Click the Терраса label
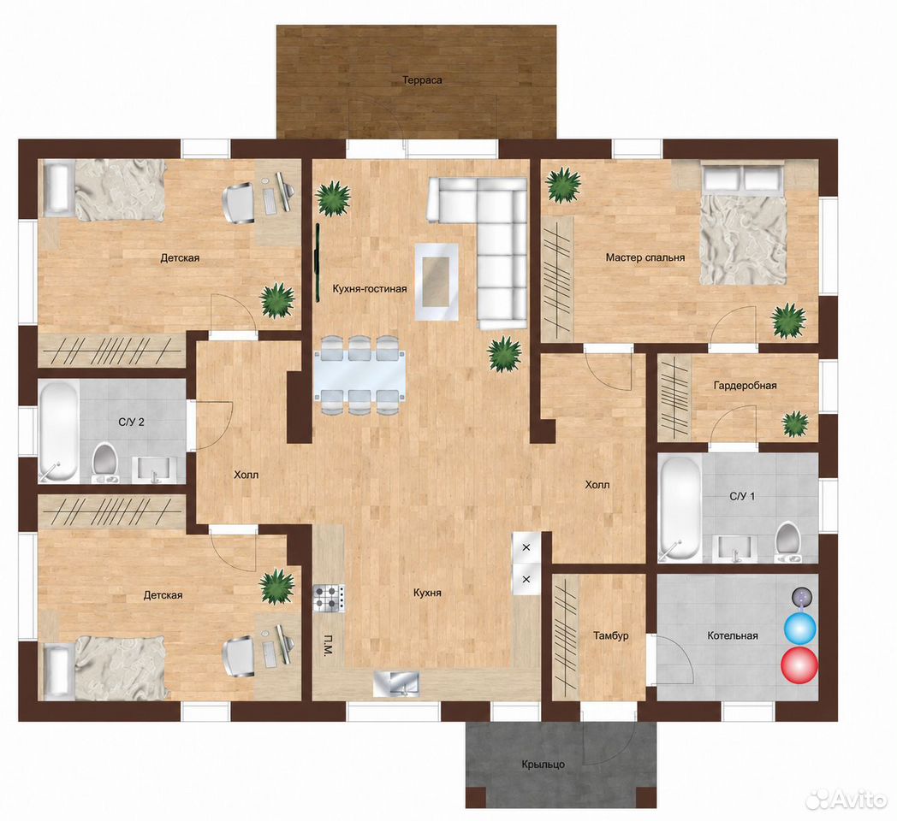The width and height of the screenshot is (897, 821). [x=422, y=80]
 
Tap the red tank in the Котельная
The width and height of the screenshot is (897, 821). [x=799, y=664]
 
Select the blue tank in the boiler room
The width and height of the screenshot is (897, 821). [x=799, y=629]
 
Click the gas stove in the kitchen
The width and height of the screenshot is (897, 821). [x=329, y=599]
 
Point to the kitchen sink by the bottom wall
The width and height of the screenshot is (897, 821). [x=396, y=684]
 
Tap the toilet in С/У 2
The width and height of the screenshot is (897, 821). [x=104, y=461]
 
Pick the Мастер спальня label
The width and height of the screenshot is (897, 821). [x=645, y=258]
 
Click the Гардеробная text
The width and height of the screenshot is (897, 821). [x=745, y=386]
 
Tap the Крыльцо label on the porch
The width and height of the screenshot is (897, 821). [x=543, y=765]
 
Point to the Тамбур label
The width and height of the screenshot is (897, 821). [x=610, y=635]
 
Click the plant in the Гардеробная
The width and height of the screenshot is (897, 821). [x=795, y=423]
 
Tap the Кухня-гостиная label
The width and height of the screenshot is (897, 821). [x=370, y=289]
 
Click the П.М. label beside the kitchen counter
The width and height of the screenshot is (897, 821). [x=329, y=644]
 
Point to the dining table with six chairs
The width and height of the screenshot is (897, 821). [x=360, y=375]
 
